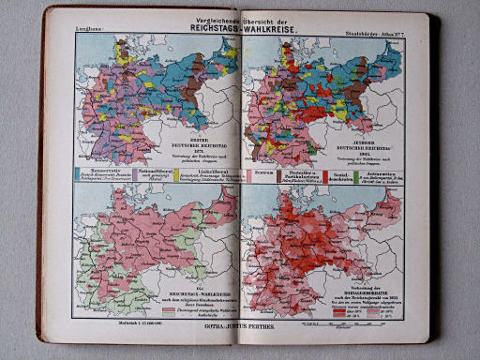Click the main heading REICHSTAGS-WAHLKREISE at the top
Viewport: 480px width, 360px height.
click(x=241, y=27)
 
